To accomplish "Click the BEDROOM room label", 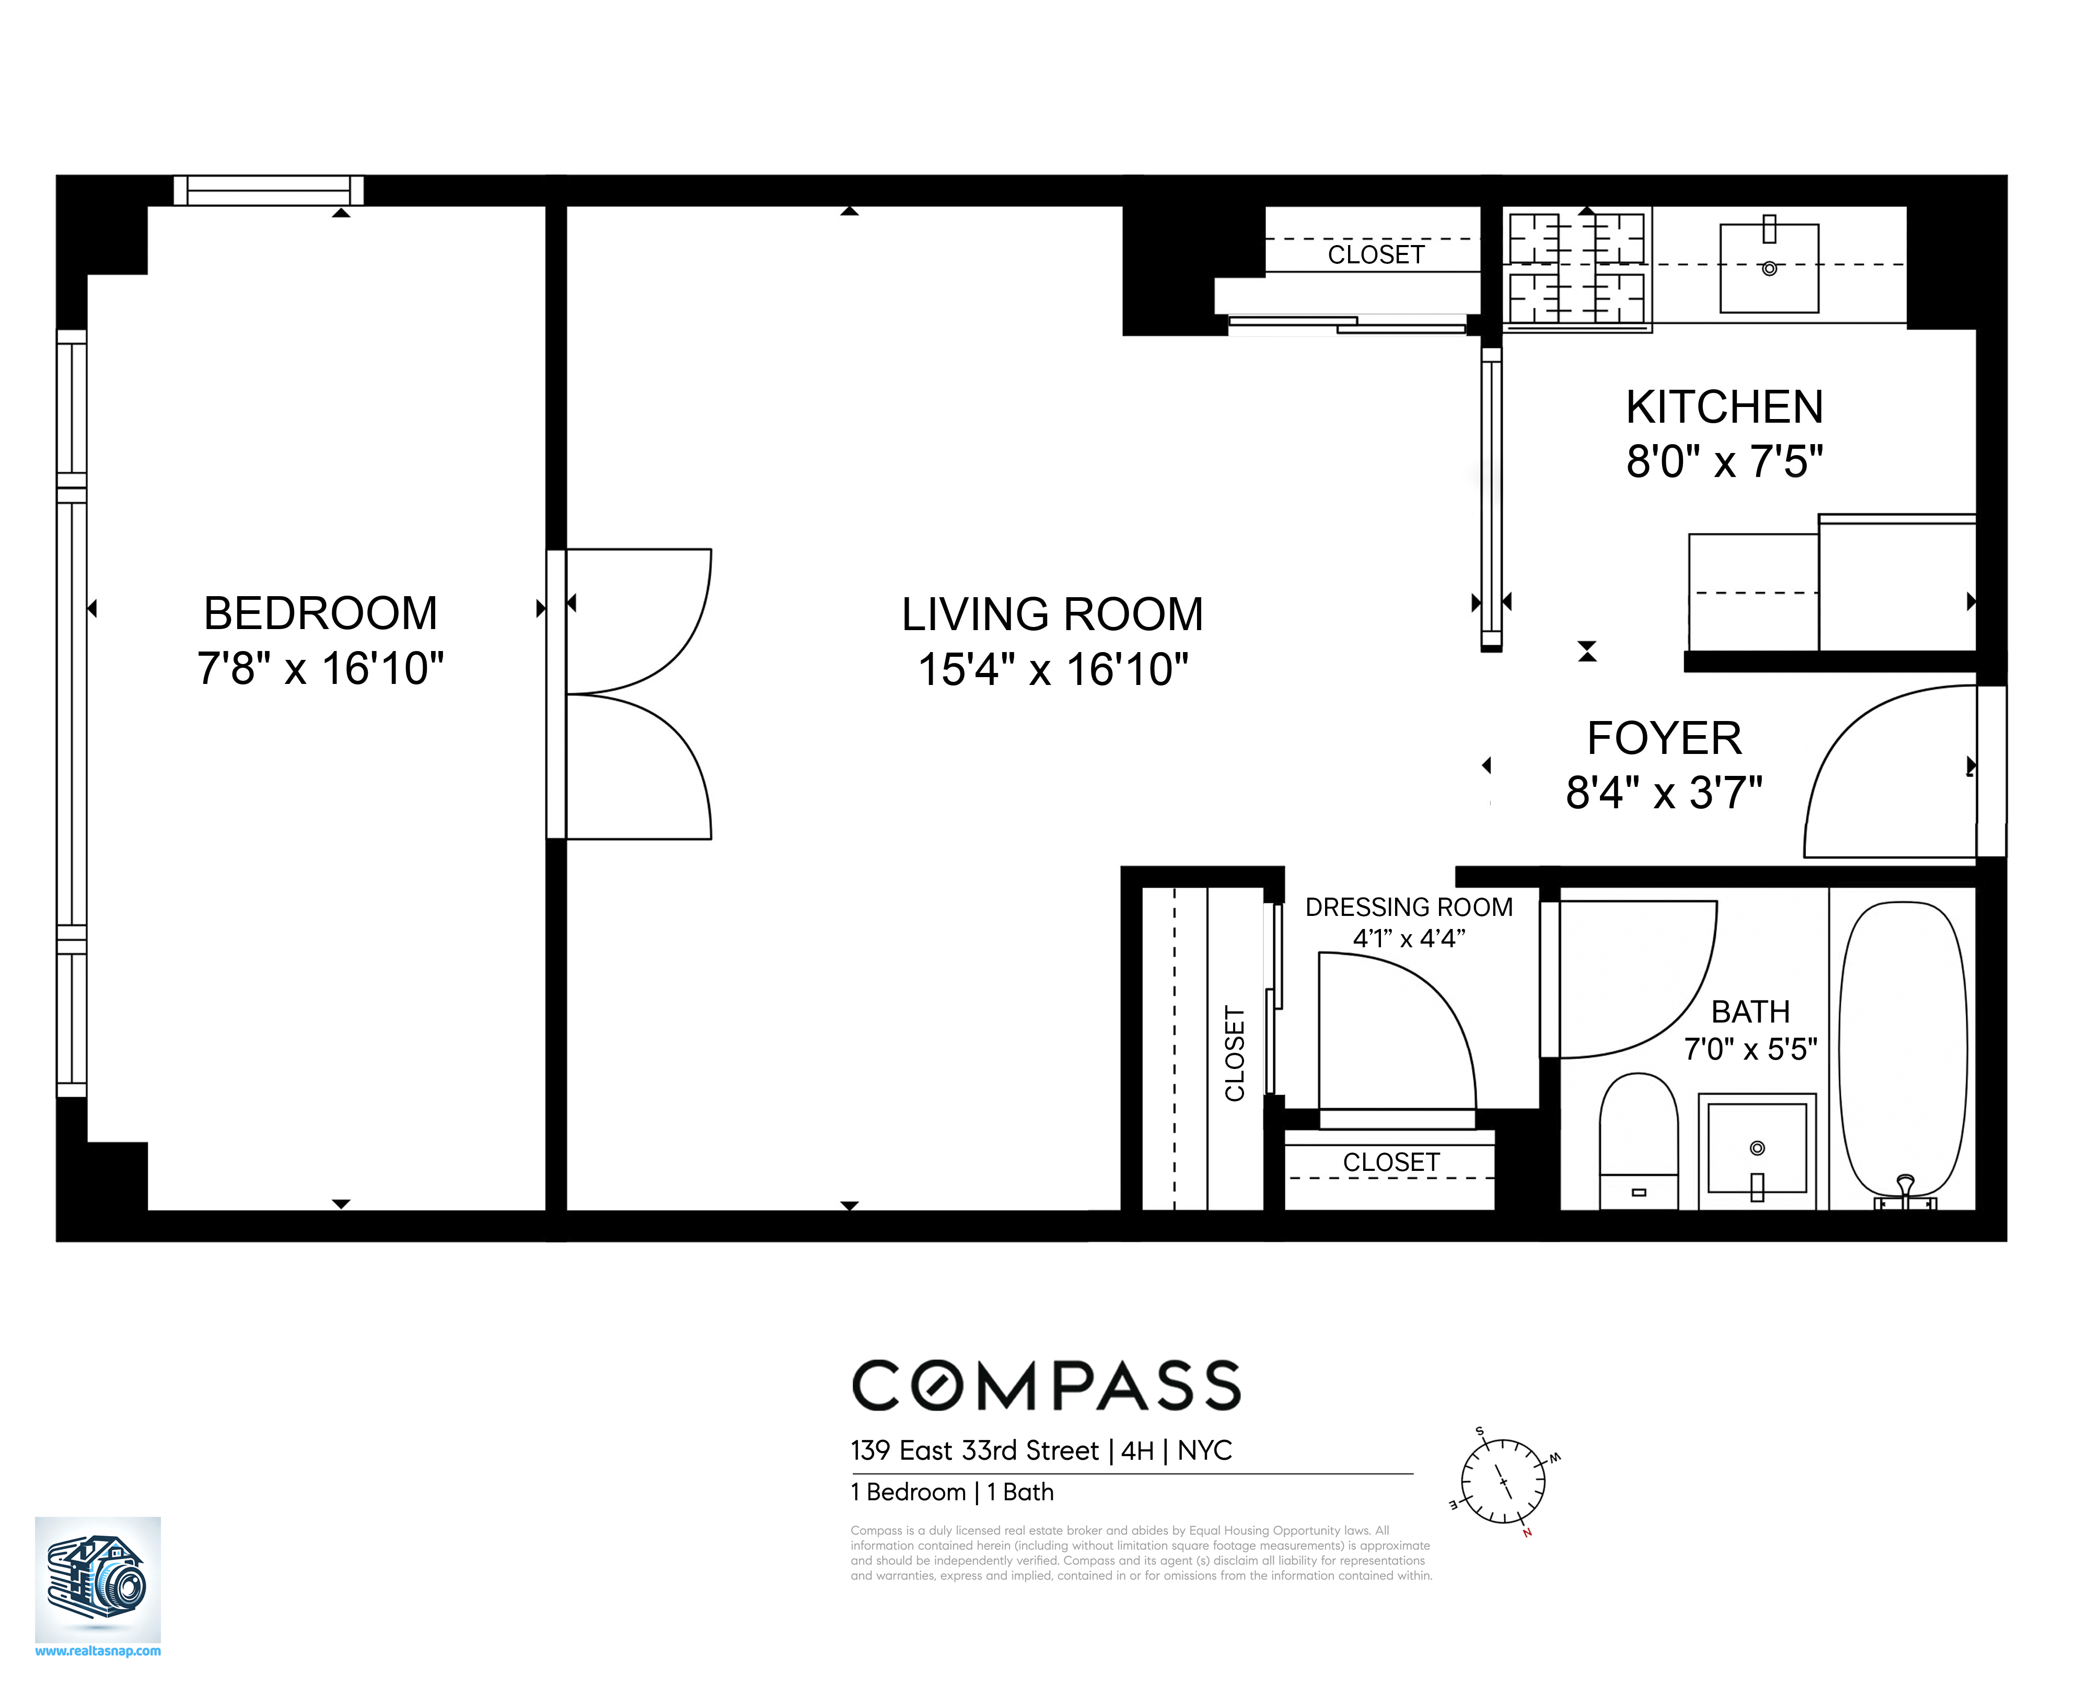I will coord(320,613).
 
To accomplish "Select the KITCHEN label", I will coord(1724,406).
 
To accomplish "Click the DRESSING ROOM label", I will coord(1409,908).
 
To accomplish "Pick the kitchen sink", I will coord(1769,268).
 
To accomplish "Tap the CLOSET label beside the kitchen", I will coord(1376,254).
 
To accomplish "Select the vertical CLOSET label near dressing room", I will coord(1235,1053).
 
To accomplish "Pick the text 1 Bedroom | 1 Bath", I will coord(951,1492).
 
